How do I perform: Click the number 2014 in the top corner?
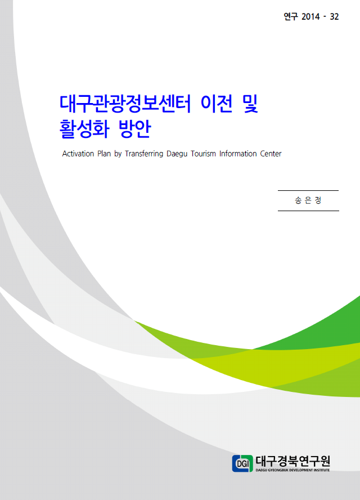310,16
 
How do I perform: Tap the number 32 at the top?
334,16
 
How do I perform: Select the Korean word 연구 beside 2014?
291,16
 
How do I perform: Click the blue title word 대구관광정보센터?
125,104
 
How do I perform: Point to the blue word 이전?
217,104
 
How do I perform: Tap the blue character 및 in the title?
250,104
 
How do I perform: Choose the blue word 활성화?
84,129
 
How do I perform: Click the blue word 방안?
134,129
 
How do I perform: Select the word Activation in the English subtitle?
78,154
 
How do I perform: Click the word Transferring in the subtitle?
144,154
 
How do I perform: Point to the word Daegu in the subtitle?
177,154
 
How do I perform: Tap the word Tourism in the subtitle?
203,154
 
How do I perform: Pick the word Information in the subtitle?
238,154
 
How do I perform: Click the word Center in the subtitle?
271,154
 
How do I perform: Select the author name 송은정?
308,200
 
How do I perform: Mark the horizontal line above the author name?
308,191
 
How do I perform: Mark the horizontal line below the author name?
308,211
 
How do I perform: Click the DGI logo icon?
242,463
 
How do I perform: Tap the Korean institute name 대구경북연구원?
292,461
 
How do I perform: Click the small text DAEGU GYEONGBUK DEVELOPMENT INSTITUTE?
292,470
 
